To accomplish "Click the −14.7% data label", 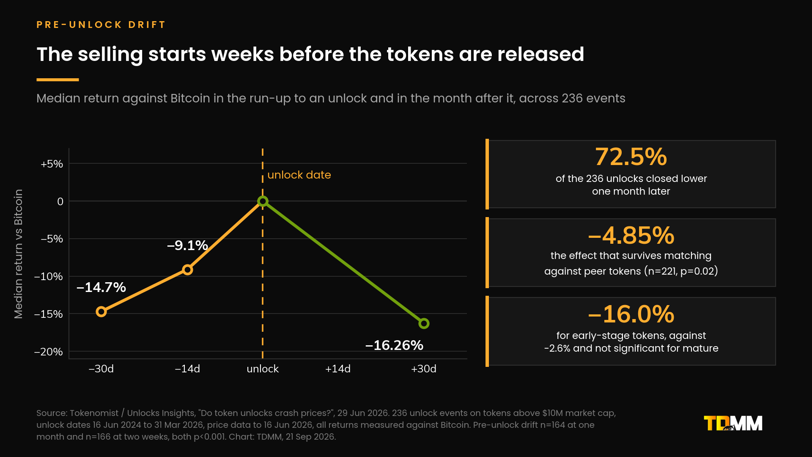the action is (x=101, y=287).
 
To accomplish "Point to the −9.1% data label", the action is (x=187, y=245).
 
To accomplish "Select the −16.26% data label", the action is (x=394, y=345).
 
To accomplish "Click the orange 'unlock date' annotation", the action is (x=299, y=175).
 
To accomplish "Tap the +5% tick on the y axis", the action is (x=52, y=164).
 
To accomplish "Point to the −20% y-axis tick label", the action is (x=49, y=352).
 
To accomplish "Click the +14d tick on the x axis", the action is (x=338, y=369).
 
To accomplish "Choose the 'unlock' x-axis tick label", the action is (x=263, y=369).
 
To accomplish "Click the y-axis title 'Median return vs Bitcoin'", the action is (x=18, y=254).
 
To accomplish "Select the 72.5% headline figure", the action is (x=631, y=157).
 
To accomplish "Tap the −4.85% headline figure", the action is (x=631, y=235).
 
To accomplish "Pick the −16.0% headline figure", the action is (x=631, y=314).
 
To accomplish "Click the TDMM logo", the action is (x=733, y=423).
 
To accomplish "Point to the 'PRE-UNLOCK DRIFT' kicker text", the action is (x=101, y=25).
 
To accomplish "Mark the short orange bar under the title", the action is (x=58, y=80).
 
